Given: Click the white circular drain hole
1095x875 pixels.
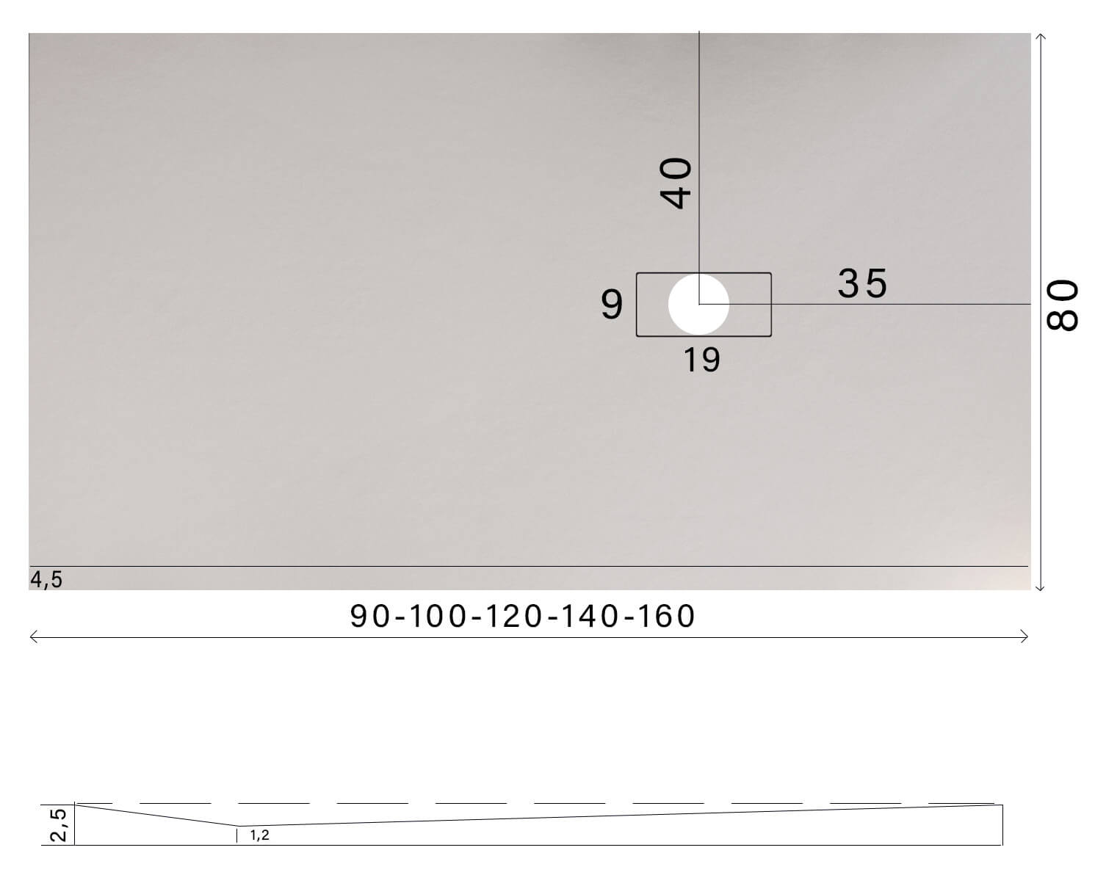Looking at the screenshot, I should [x=698, y=304].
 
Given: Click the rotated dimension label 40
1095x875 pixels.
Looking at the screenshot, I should [x=676, y=183].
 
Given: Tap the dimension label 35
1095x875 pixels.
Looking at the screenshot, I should [x=862, y=283].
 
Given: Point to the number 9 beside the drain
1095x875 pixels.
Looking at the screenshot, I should [x=612, y=305].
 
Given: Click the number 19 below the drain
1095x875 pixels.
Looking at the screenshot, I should [x=701, y=360].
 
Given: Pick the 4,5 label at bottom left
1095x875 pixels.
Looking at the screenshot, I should [x=46, y=580].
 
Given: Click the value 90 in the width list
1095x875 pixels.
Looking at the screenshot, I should [x=372, y=617].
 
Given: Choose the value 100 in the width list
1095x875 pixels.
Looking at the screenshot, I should [x=438, y=617].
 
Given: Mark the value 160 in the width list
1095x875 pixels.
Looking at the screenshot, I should [x=665, y=617].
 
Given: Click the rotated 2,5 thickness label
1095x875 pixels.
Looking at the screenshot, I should [x=59, y=824].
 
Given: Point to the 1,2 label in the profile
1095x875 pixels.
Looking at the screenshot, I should [x=259, y=835].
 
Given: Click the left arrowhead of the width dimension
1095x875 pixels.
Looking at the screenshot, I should [x=32, y=637].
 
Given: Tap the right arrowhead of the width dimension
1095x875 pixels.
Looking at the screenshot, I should [x=1026, y=637].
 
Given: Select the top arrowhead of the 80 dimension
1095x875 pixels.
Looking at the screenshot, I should [x=1040, y=35].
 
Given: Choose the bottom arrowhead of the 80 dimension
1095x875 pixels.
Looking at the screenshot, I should [x=1040, y=588].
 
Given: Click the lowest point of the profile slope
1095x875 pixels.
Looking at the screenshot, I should [x=237, y=826].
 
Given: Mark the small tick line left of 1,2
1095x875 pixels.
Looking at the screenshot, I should [x=237, y=835].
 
